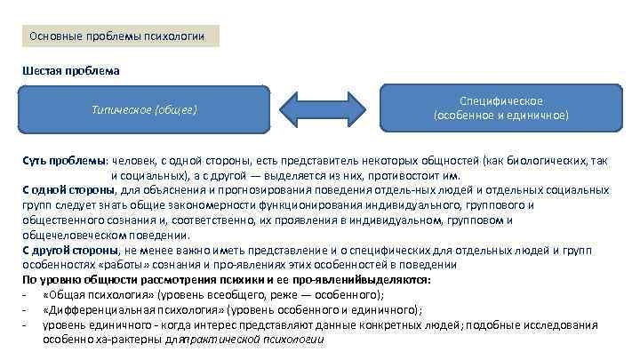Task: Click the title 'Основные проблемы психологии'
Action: click(x=117, y=36)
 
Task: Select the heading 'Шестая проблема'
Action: click(x=71, y=70)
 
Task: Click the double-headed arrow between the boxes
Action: click(x=324, y=108)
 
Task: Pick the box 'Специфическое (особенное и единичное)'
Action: click(x=500, y=108)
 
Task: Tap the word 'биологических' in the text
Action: click(x=542, y=161)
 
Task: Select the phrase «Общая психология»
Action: click(x=99, y=294)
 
